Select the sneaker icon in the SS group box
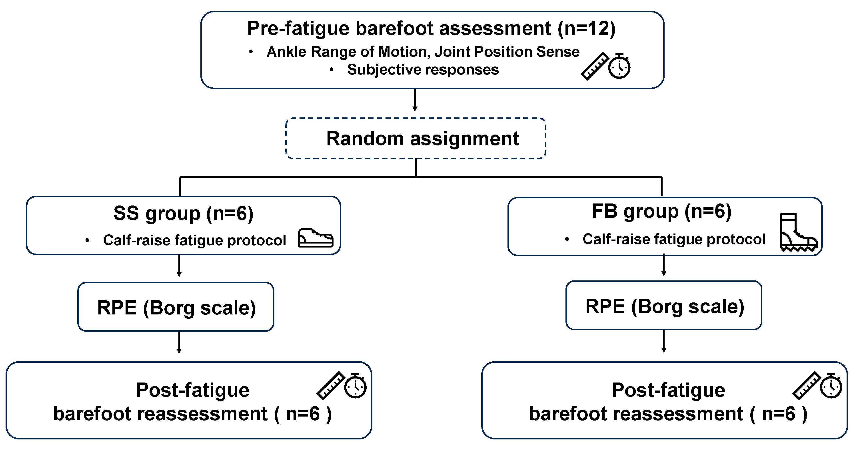click(x=316, y=238)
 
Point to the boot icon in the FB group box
click(x=799, y=232)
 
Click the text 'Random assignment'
click(x=423, y=139)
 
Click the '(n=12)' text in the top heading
click(x=587, y=28)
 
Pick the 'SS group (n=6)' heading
click(x=184, y=213)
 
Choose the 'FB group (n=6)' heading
click(x=662, y=211)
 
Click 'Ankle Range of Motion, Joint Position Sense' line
click(x=423, y=52)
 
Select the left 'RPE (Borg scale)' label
click(x=177, y=308)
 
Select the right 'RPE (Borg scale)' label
click(x=665, y=306)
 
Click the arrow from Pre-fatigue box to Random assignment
click(x=415, y=100)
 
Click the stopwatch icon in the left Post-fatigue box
click(x=355, y=386)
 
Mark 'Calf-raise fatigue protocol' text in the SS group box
click(x=194, y=240)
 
